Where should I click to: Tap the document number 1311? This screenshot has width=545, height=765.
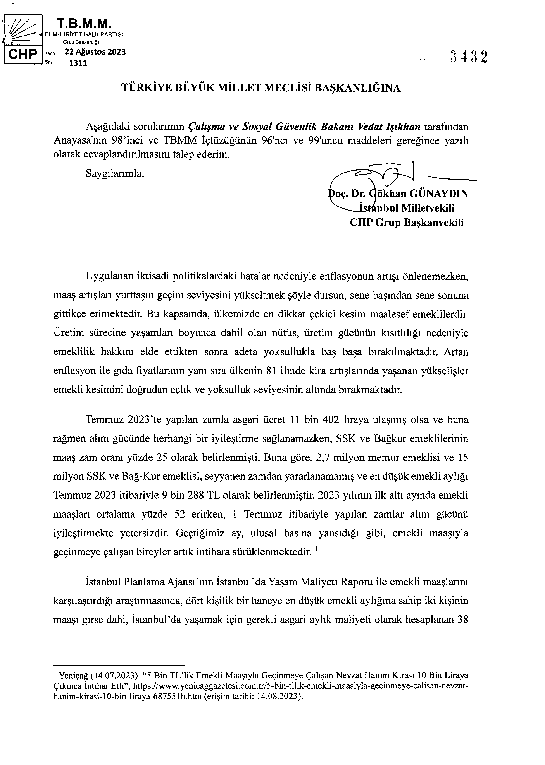pos(78,63)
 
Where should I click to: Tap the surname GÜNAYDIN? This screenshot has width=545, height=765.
pos(438,194)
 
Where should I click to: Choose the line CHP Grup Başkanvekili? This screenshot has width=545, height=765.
pos(407,222)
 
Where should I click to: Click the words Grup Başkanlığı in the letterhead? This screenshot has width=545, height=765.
pos(81,42)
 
